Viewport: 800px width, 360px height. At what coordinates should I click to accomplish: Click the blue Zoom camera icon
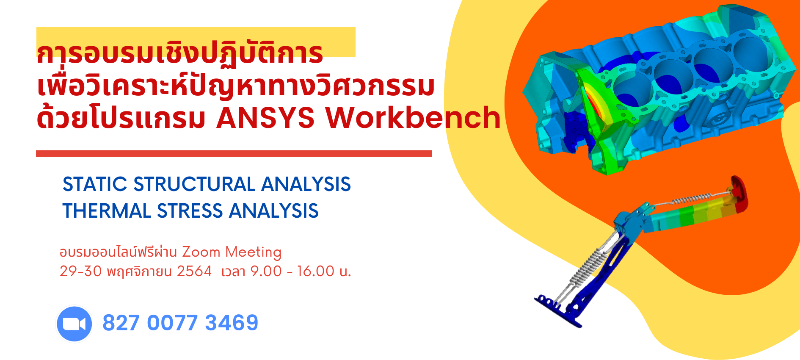(74, 324)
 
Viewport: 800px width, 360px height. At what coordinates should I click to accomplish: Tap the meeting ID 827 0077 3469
(180, 323)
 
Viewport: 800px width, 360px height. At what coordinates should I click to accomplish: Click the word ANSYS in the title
(265, 118)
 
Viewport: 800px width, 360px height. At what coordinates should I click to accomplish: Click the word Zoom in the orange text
(201, 252)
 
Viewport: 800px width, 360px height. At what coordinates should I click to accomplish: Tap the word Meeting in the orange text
(253, 252)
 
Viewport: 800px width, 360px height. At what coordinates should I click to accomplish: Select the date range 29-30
(81, 271)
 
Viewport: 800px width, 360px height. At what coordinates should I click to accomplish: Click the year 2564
(194, 271)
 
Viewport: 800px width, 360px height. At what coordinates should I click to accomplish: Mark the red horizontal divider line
(234, 153)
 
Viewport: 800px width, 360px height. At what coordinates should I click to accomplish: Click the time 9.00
(266, 271)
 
